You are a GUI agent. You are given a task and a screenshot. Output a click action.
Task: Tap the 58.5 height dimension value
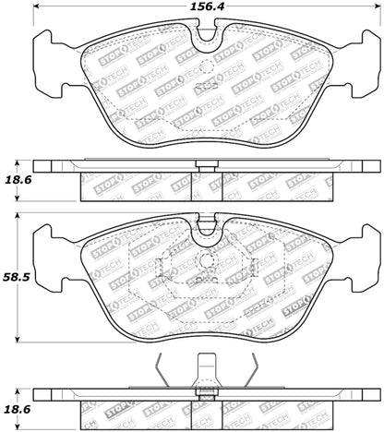pyautogui.click(x=16, y=274)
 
